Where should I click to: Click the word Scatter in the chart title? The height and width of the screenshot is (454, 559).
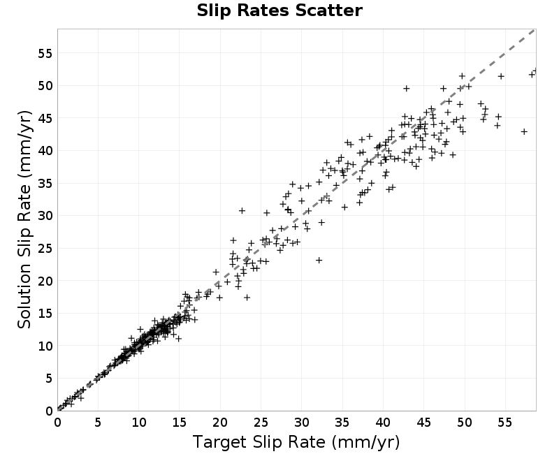[328, 10]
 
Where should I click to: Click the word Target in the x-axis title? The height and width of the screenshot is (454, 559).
[219, 442]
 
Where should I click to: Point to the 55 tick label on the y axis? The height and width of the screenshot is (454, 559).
[45, 54]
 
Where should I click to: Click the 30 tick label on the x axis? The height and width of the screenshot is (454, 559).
[302, 423]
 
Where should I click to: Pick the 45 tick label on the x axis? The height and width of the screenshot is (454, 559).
[424, 423]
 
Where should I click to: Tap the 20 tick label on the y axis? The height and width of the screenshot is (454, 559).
[45, 281]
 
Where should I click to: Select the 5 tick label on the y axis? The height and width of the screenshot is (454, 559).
[49, 379]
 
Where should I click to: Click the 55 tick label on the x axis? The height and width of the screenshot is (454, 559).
[505, 423]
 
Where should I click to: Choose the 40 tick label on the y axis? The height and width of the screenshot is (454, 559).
[45, 151]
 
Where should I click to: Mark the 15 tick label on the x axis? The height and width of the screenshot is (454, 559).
[180, 423]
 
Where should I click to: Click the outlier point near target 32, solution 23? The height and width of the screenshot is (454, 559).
[319, 261]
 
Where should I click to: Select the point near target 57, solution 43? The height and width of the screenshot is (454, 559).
[524, 132]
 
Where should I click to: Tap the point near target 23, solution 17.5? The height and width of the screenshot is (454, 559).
[247, 298]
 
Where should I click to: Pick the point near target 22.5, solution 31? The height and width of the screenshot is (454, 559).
[242, 211]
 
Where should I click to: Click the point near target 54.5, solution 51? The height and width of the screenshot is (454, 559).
[501, 76]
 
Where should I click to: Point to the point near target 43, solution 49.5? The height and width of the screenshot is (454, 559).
[407, 89]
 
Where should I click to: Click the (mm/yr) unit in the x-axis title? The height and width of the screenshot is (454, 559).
[365, 442]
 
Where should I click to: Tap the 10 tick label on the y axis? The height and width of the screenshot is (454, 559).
[45, 346]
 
